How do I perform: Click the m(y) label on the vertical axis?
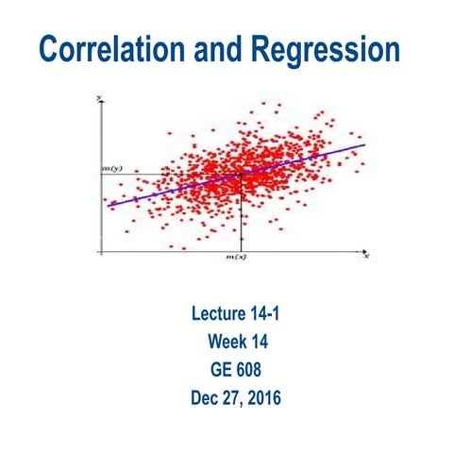pos(112,169)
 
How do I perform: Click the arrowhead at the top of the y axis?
pos(99,99)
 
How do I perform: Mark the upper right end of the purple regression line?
pos(364,145)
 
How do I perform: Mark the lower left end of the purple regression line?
pos(109,204)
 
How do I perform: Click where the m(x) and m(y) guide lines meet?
pos(243,173)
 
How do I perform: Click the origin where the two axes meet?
pos(100,251)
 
